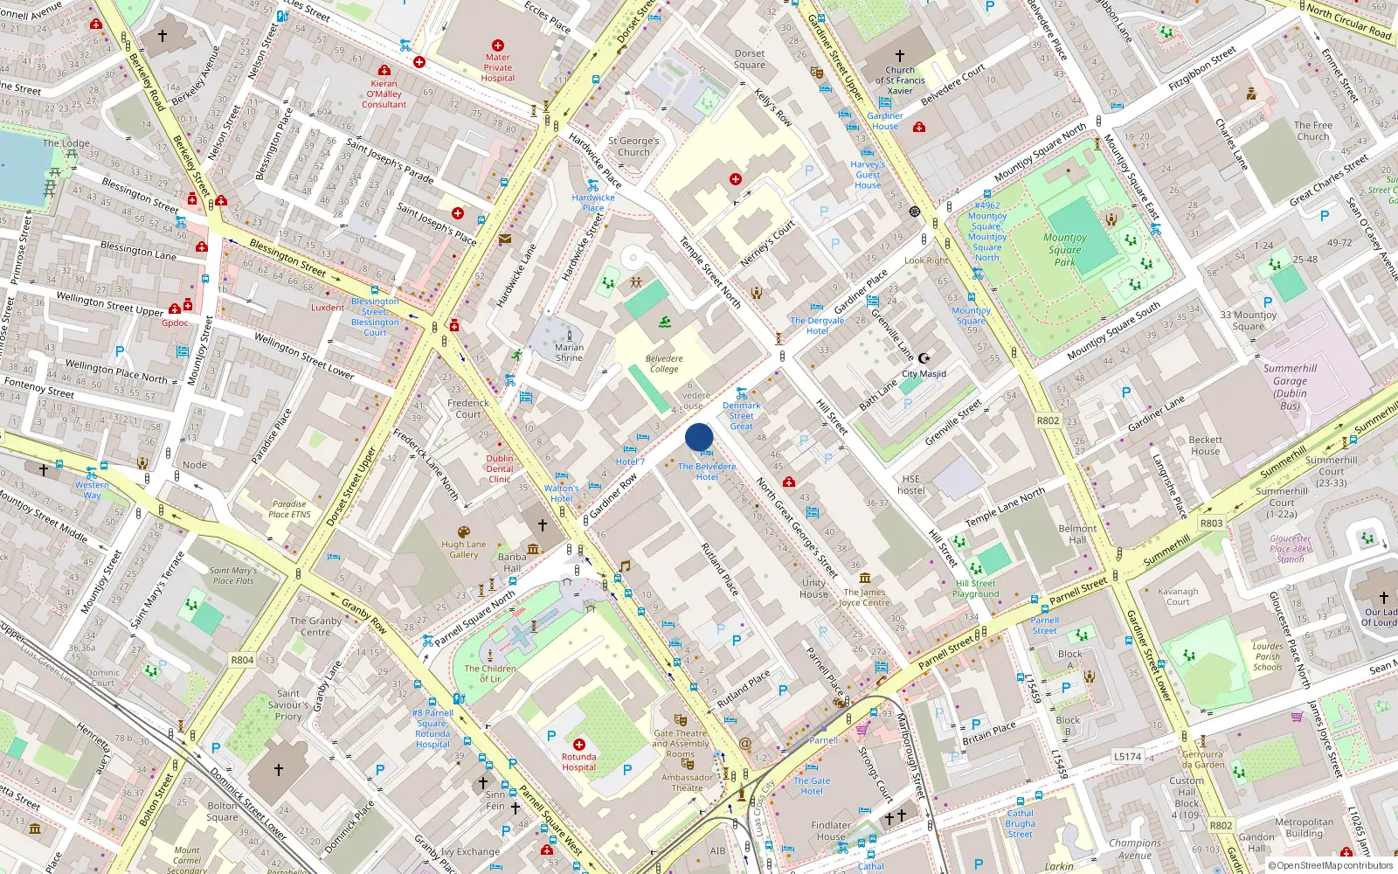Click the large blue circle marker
[x=699, y=437]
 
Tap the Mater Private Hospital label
[x=498, y=68]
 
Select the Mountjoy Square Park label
[x=1064, y=249]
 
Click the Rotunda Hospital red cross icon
[x=578, y=745]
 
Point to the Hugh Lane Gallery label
[x=463, y=549]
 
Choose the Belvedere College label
[x=664, y=364]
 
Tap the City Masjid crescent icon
[x=925, y=357]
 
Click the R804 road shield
[x=242, y=660]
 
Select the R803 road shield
[x=1211, y=524]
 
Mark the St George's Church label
[x=633, y=146]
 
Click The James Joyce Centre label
[x=864, y=597]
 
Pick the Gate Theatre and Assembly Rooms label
[x=681, y=744]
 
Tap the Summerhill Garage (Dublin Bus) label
[x=1290, y=387]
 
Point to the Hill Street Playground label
[x=975, y=588]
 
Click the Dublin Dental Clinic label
[x=500, y=468]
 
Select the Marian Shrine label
[x=569, y=352]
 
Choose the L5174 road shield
[x=1127, y=756]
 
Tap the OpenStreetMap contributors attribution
[x=1330, y=865]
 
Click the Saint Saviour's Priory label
[x=288, y=704]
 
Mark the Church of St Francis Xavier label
[x=900, y=80]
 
